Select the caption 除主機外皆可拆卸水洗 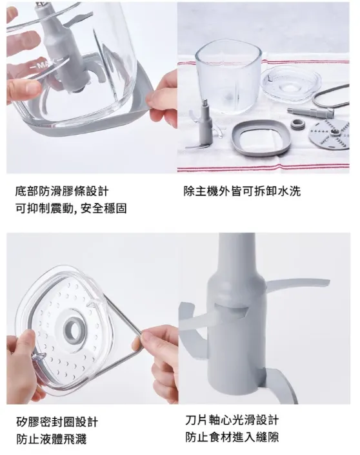tap(242, 191)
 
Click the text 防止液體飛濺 tap(51, 440)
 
